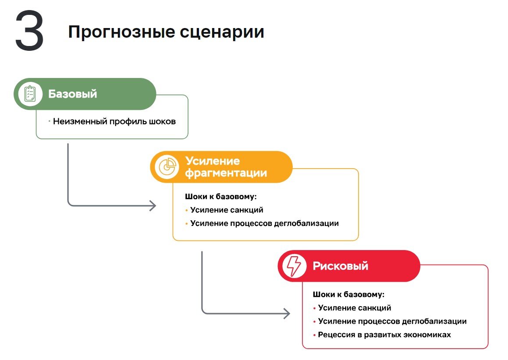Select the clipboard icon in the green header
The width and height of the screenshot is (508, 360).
(x=30, y=94)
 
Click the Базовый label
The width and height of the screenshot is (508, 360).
(x=72, y=94)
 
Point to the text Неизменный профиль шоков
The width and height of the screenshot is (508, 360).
(x=114, y=121)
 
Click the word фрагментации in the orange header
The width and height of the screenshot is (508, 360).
(x=226, y=173)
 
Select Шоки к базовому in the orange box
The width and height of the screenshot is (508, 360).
(x=220, y=197)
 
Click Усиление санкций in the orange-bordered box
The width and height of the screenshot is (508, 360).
(x=227, y=210)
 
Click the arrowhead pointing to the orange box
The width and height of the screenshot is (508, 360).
(x=153, y=205)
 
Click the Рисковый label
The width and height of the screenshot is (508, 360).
(x=340, y=266)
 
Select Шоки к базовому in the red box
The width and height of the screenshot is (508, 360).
(x=348, y=294)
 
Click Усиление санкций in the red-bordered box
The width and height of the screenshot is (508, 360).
(x=355, y=308)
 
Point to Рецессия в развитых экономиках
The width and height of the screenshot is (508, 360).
(x=384, y=335)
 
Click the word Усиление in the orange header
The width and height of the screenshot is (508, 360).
(x=212, y=161)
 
